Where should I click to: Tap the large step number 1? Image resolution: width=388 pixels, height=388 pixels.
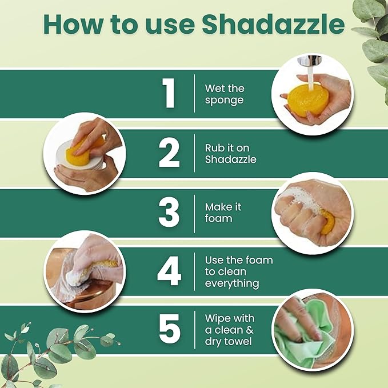coord(169,94)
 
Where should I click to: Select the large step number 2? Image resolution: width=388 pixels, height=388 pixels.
coord(169,153)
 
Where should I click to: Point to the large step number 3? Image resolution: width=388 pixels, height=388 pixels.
coord(169,212)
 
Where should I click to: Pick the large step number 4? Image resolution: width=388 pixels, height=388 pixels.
coord(169,272)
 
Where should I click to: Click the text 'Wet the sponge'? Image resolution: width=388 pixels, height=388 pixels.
coord(225,94)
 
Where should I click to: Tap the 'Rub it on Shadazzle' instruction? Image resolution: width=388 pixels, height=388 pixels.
coord(230,154)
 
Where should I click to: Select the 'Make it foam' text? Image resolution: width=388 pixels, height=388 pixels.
coord(222,213)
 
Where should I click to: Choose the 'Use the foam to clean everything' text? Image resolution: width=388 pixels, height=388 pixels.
coord(238,271)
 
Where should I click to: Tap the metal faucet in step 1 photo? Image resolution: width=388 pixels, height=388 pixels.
coord(309,61)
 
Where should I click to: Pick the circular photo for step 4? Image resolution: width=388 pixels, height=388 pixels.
coord(85,271)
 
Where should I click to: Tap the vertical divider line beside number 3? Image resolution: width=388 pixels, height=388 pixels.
coord(195,212)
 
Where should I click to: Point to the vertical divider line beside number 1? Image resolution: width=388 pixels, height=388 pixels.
coord(195,94)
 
